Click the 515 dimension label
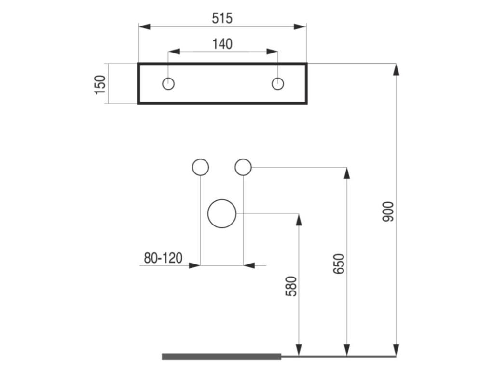222,18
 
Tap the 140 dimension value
222,44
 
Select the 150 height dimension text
100,85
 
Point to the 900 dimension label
388,211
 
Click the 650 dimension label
339,264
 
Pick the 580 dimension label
291,286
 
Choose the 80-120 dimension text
163,258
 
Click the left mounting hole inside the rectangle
168,84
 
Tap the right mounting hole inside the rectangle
277,84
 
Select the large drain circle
222,213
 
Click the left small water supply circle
200,167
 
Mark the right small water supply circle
243,167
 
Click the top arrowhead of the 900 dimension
396,70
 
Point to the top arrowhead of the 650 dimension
347,173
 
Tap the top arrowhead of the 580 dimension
299,220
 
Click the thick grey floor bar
221,357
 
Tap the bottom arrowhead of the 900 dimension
396,350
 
